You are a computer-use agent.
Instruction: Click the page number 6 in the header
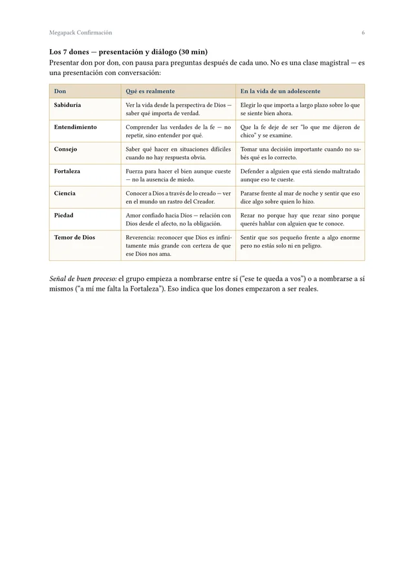tap(363, 32)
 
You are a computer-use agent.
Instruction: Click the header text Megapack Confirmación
tap(80, 32)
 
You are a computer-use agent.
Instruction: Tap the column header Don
tap(60, 91)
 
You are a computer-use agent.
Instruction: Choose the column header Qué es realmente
tap(150, 91)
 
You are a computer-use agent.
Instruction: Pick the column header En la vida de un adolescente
tap(280, 91)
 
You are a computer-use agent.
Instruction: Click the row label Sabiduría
tap(68, 104)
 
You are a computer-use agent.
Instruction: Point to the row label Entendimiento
tap(76, 127)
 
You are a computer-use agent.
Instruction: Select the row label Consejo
tap(65, 149)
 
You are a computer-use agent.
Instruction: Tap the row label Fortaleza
tap(67, 172)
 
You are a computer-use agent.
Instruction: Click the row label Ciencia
tap(65, 194)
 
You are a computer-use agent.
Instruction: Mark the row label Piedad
tap(64, 216)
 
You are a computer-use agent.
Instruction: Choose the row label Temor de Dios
tap(74, 238)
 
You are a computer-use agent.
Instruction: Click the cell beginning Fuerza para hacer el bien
tap(178, 175)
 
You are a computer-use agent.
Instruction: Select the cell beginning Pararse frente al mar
tap(300, 197)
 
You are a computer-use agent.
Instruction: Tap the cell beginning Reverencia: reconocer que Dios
tap(178, 246)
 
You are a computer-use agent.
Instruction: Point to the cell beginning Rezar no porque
tap(300, 220)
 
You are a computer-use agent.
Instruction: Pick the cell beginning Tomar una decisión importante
tap(300, 153)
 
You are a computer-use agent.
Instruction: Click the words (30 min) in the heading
tap(193, 52)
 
